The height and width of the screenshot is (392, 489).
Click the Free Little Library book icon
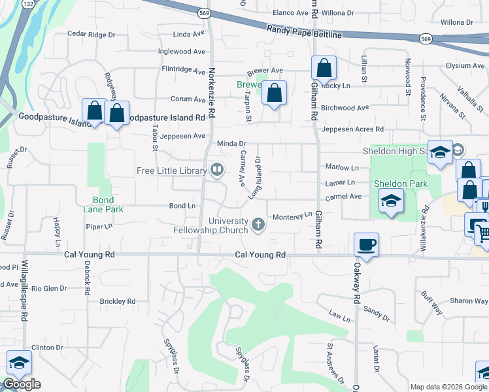coord(216,171)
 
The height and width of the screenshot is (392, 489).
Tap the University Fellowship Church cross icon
coord(258,226)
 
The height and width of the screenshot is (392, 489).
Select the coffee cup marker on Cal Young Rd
coord(366,245)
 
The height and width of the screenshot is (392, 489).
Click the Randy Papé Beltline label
coord(304,31)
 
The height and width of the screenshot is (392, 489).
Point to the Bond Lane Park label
coord(99,204)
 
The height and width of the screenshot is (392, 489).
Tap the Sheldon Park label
coord(401,184)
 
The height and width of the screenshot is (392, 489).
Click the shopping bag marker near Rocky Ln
coord(324,68)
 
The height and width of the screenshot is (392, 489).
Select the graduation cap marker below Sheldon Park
coord(390,201)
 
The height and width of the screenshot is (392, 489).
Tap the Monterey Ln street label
coord(292,216)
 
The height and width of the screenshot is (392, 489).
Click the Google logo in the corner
coord(22,384)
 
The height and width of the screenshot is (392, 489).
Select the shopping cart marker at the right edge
coord(482,231)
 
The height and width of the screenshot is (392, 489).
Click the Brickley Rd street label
coord(117,301)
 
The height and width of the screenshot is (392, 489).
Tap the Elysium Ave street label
coord(465,66)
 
